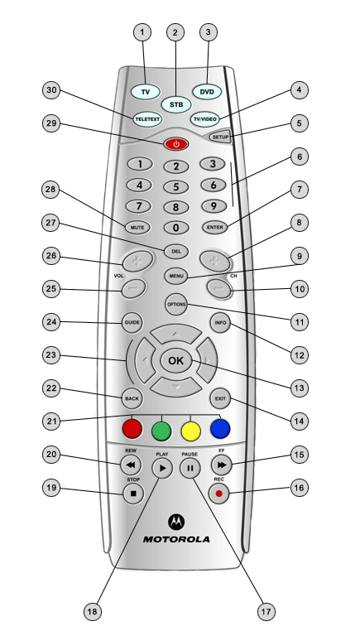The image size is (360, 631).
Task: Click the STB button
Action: point(176,104)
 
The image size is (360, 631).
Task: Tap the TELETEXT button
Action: point(147,119)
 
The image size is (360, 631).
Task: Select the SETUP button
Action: point(220,137)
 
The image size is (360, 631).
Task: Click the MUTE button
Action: point(137,228)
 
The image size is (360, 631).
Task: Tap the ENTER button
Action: point(215,228)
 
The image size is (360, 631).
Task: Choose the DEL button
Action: point(176,252)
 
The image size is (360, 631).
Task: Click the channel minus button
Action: point(219,289)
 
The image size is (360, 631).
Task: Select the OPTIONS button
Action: point(176,305)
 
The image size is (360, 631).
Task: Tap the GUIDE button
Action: point(132,323)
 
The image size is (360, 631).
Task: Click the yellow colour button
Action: point(190,430)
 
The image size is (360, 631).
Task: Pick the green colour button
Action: point(161,431)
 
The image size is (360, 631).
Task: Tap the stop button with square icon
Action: point(133,494)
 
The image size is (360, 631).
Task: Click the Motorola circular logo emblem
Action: point(176,522)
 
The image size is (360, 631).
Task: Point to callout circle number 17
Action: point(266,612)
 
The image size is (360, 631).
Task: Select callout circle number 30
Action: point(51,90)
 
